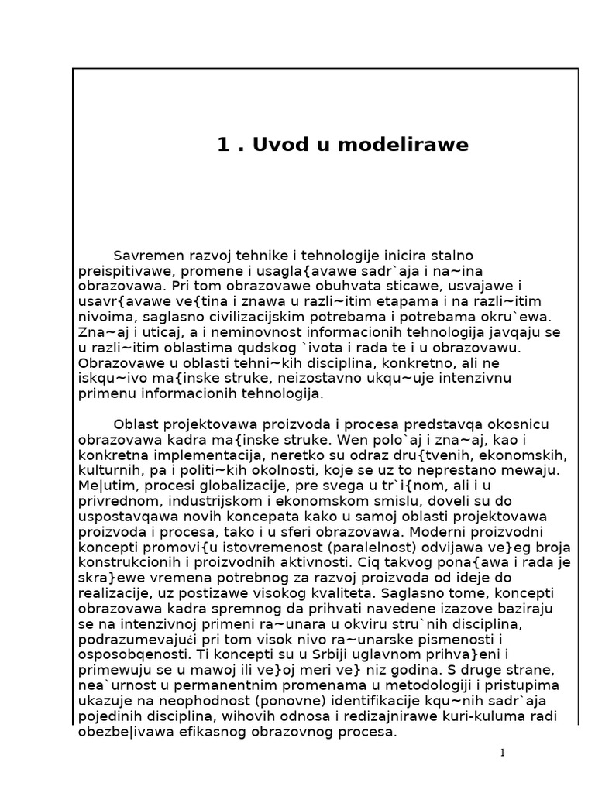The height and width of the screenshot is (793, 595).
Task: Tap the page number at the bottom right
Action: tap(502, 753)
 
